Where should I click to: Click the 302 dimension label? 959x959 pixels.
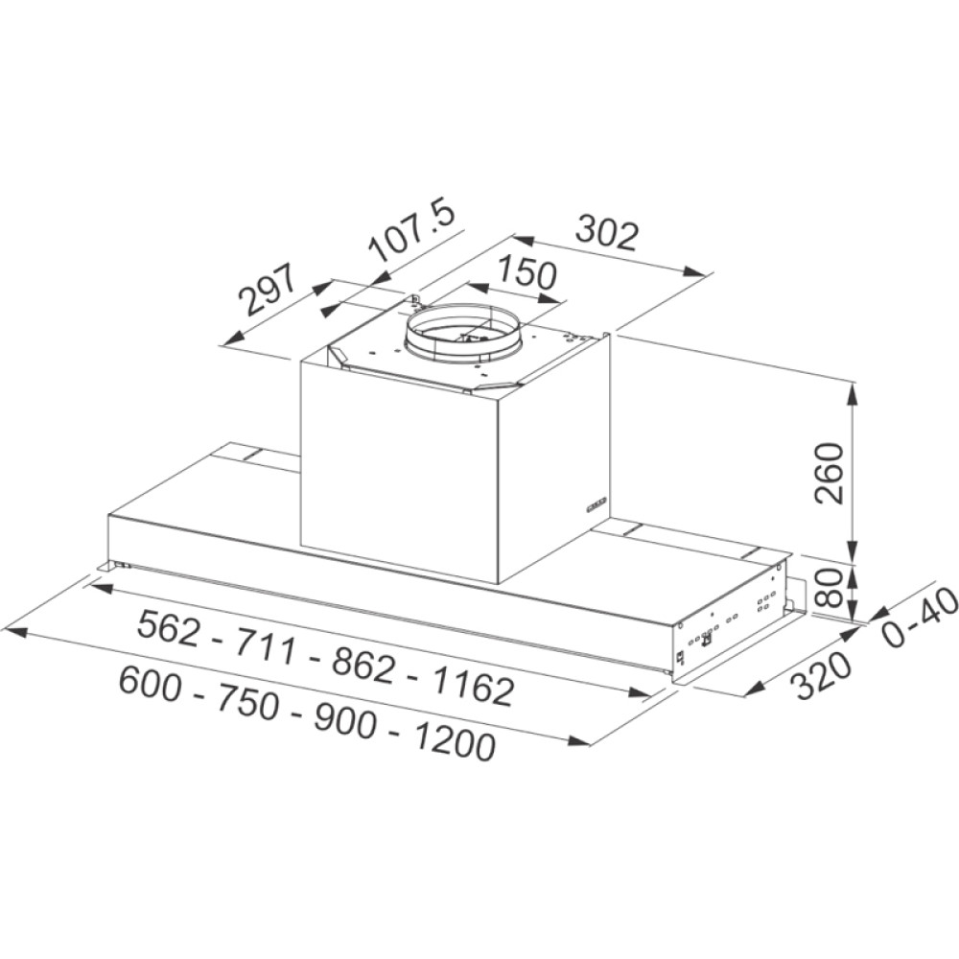[x=606, y=232]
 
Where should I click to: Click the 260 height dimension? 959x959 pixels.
[x=829, y=473]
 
